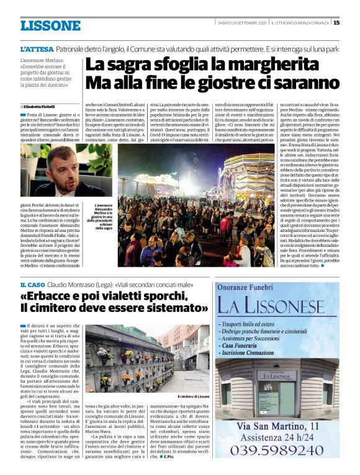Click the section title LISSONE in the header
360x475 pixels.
tap(50, 25)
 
